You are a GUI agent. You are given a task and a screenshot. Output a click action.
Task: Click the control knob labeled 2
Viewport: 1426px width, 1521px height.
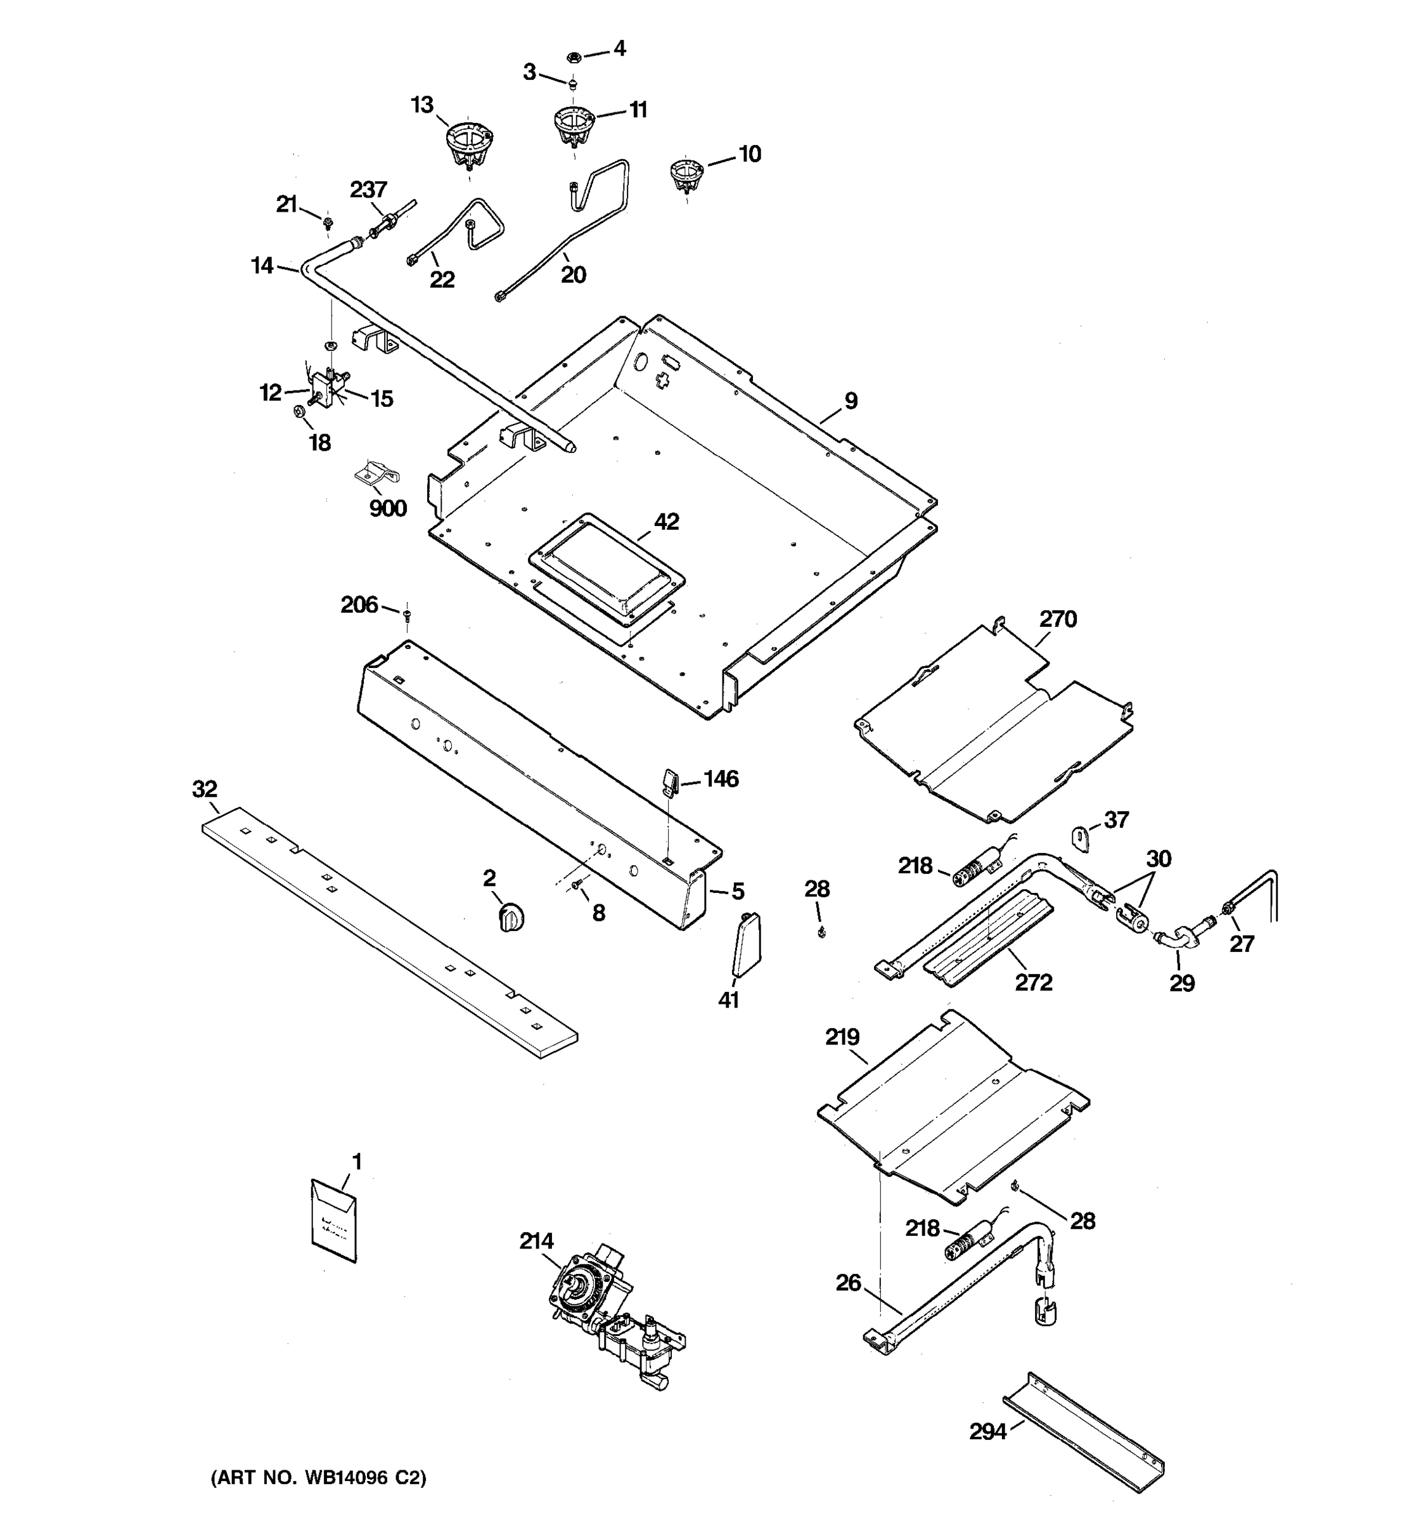510,916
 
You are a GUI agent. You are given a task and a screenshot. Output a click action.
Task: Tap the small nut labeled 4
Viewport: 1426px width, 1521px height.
575,56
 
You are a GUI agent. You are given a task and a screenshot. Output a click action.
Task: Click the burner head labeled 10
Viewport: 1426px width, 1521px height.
686,174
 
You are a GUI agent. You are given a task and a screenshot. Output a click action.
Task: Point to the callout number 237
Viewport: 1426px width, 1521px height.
369,189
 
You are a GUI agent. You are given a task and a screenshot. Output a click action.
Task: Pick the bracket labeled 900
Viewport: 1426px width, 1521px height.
376,476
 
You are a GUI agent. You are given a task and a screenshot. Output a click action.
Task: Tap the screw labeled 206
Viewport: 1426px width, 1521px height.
407,613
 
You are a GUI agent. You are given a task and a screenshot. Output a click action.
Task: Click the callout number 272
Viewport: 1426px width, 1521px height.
1034,982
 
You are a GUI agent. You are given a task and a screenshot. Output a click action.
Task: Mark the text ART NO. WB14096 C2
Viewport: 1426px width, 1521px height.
318,1477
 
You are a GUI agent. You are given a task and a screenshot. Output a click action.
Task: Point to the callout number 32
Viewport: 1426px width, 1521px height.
204,789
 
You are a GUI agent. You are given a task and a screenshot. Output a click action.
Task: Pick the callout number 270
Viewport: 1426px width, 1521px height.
1058,619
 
